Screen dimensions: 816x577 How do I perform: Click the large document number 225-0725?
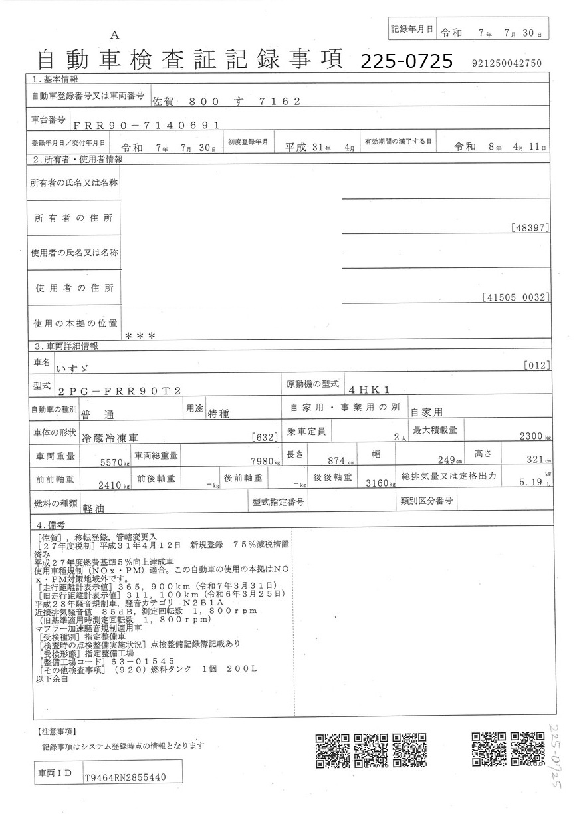(406, 62)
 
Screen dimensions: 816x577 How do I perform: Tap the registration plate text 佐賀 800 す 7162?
(227, 102)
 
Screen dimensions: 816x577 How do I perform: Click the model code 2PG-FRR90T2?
(119, 392)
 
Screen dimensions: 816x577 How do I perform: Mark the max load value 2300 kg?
(534, 437)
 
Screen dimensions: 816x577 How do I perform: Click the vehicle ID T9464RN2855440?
(125, 777)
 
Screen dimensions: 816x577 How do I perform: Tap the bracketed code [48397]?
(530, 227)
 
